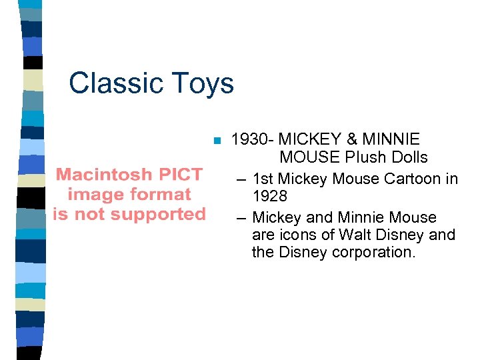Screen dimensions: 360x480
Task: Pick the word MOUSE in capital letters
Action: pos(309,158)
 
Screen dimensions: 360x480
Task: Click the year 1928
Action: pos(270,197)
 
